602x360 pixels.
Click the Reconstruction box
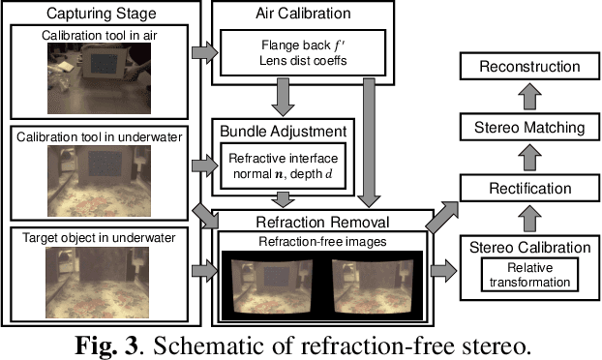pos(527,67)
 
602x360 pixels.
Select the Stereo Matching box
pos(527,127)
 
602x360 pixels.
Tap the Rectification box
pos(527,187)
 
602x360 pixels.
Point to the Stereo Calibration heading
pos(527,247)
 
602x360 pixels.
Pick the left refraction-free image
pos(273,280)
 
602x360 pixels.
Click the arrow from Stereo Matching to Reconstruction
pos(527,97)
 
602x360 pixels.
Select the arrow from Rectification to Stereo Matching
pos(527,157)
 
